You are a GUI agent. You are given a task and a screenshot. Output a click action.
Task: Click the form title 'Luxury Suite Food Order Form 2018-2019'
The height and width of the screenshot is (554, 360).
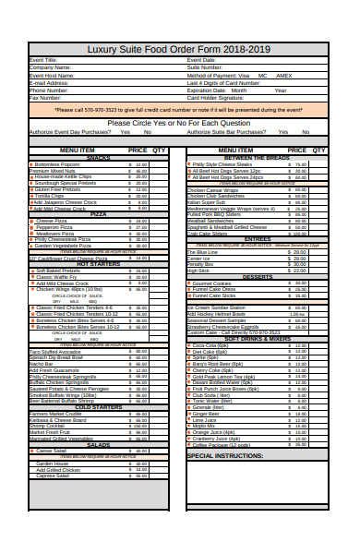[x=179, y=48]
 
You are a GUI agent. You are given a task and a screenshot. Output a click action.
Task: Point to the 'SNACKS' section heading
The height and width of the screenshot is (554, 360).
[x=99, y=158]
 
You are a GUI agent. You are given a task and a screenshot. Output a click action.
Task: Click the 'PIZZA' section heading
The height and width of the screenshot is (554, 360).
[x=99, y=214]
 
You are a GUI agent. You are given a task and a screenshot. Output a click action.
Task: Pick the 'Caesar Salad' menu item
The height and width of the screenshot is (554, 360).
[x=53, y=450]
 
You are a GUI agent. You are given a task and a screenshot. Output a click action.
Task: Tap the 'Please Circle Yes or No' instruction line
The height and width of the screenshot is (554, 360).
[x=178, y=122]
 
